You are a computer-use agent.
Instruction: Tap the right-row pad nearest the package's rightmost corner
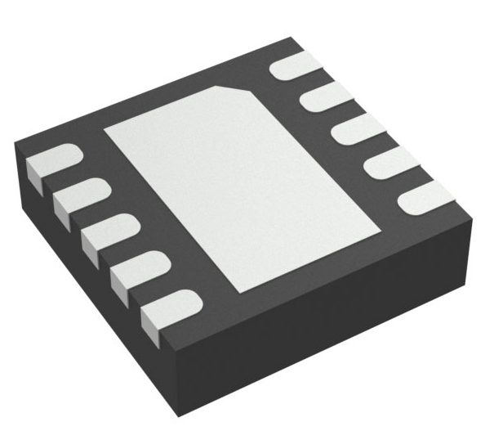pyautogui.click(x=425, y=196)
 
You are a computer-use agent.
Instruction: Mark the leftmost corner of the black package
pyautogui.click(x=16, y=143)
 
